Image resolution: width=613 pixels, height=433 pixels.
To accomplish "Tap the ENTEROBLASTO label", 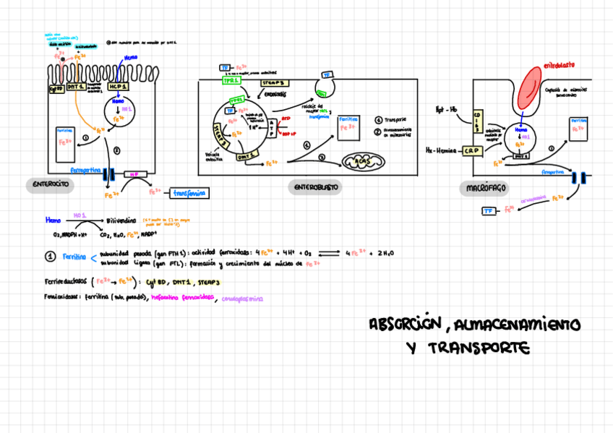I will tap(316, 187).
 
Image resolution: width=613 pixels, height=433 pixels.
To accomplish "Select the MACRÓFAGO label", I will tap(484, 188).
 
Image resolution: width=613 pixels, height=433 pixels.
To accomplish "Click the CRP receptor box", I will tap(472, 150).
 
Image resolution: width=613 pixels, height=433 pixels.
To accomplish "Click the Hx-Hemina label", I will tap(441, 150).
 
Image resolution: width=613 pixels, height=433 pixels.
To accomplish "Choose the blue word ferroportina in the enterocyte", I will tap(86, 171).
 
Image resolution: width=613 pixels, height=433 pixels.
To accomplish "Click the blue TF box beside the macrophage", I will tap(489, 211).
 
